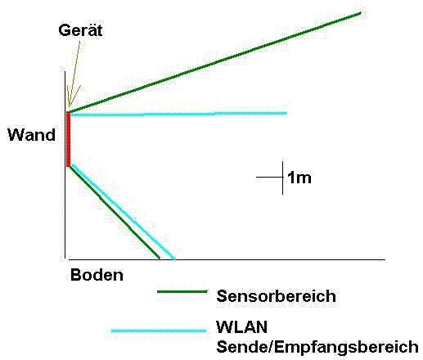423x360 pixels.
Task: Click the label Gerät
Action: (x=80, y=30)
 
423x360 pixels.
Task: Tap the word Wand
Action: (x=31, y=135)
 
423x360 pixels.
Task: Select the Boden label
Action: (x=97, y=275)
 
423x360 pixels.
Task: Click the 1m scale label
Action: (x=299, y=178)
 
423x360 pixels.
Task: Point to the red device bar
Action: (x=68, y=139)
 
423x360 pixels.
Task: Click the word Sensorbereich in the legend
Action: (x=276, y=296)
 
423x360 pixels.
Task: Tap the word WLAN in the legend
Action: (x=241, y=327)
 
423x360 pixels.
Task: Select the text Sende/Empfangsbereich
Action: (x=317, y=347)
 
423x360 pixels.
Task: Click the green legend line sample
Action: (x=182, y=292)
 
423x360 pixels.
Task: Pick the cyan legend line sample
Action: (x=159, y=331)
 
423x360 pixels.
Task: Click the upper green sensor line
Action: (x=215, y=62)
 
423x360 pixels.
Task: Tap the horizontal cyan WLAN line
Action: (x=178, y=114)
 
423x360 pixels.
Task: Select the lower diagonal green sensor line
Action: (x=115, y=213)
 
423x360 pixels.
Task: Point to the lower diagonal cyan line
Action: (x=124, y=211)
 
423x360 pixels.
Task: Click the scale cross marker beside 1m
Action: (x=282, y=178)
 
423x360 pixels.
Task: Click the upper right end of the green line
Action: (x=361, y=13)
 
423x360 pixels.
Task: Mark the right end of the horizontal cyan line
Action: (x=286, y=113)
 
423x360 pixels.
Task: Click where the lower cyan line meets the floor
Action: (x=174, y=259)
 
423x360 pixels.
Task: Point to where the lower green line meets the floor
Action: (x=159, y=258)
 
